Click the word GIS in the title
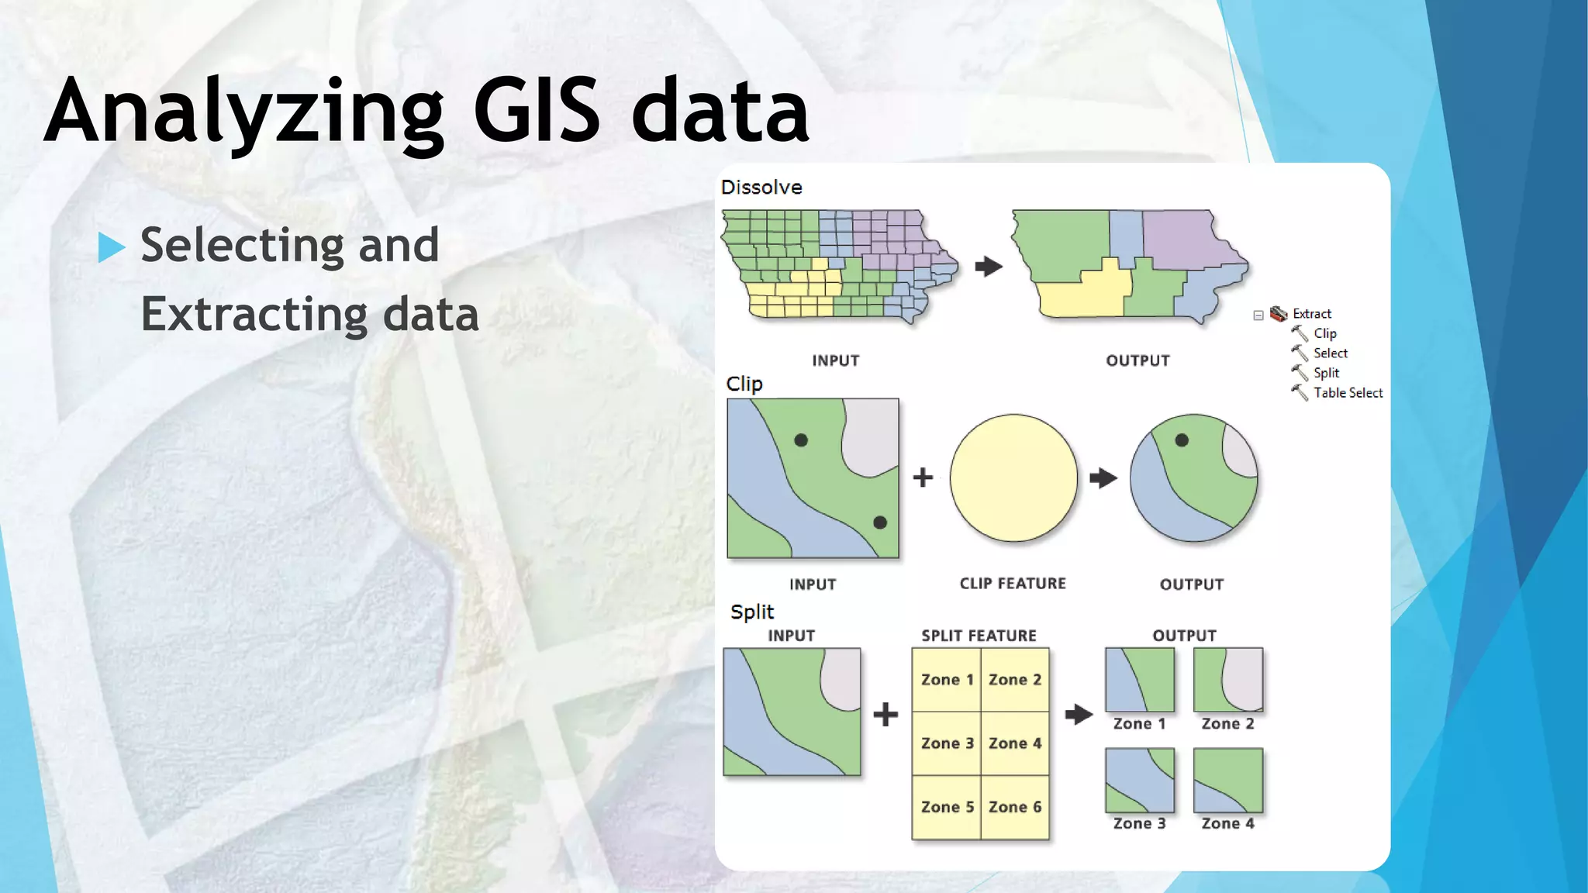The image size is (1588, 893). (537, 111)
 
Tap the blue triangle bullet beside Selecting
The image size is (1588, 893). (112, 247)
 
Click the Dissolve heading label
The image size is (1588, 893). (761, 188)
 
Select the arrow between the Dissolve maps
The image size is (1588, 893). (989, 267)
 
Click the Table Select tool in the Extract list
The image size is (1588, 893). (1348, 393)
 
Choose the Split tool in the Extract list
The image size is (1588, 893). (1326, 373)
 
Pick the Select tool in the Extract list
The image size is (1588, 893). (1330, 353)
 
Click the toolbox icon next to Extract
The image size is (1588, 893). (1279, 314)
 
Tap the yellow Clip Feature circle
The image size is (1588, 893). (1013, 478)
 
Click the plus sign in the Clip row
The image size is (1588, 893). (923, 477)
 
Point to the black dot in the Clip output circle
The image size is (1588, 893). (1182, 440)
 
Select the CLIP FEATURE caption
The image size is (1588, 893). (1013, 584)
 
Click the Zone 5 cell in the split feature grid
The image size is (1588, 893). (947, 807)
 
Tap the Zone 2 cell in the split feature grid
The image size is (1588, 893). (1015, 680)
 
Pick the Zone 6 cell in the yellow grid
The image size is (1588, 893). (1015, 807)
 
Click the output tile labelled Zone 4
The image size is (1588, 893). (1228, 781)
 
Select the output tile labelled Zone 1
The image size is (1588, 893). (1140, 680)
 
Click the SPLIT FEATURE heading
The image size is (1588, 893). (979, 636)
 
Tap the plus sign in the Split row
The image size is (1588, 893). (885, 714)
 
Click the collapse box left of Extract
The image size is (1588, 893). (1258, 315)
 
